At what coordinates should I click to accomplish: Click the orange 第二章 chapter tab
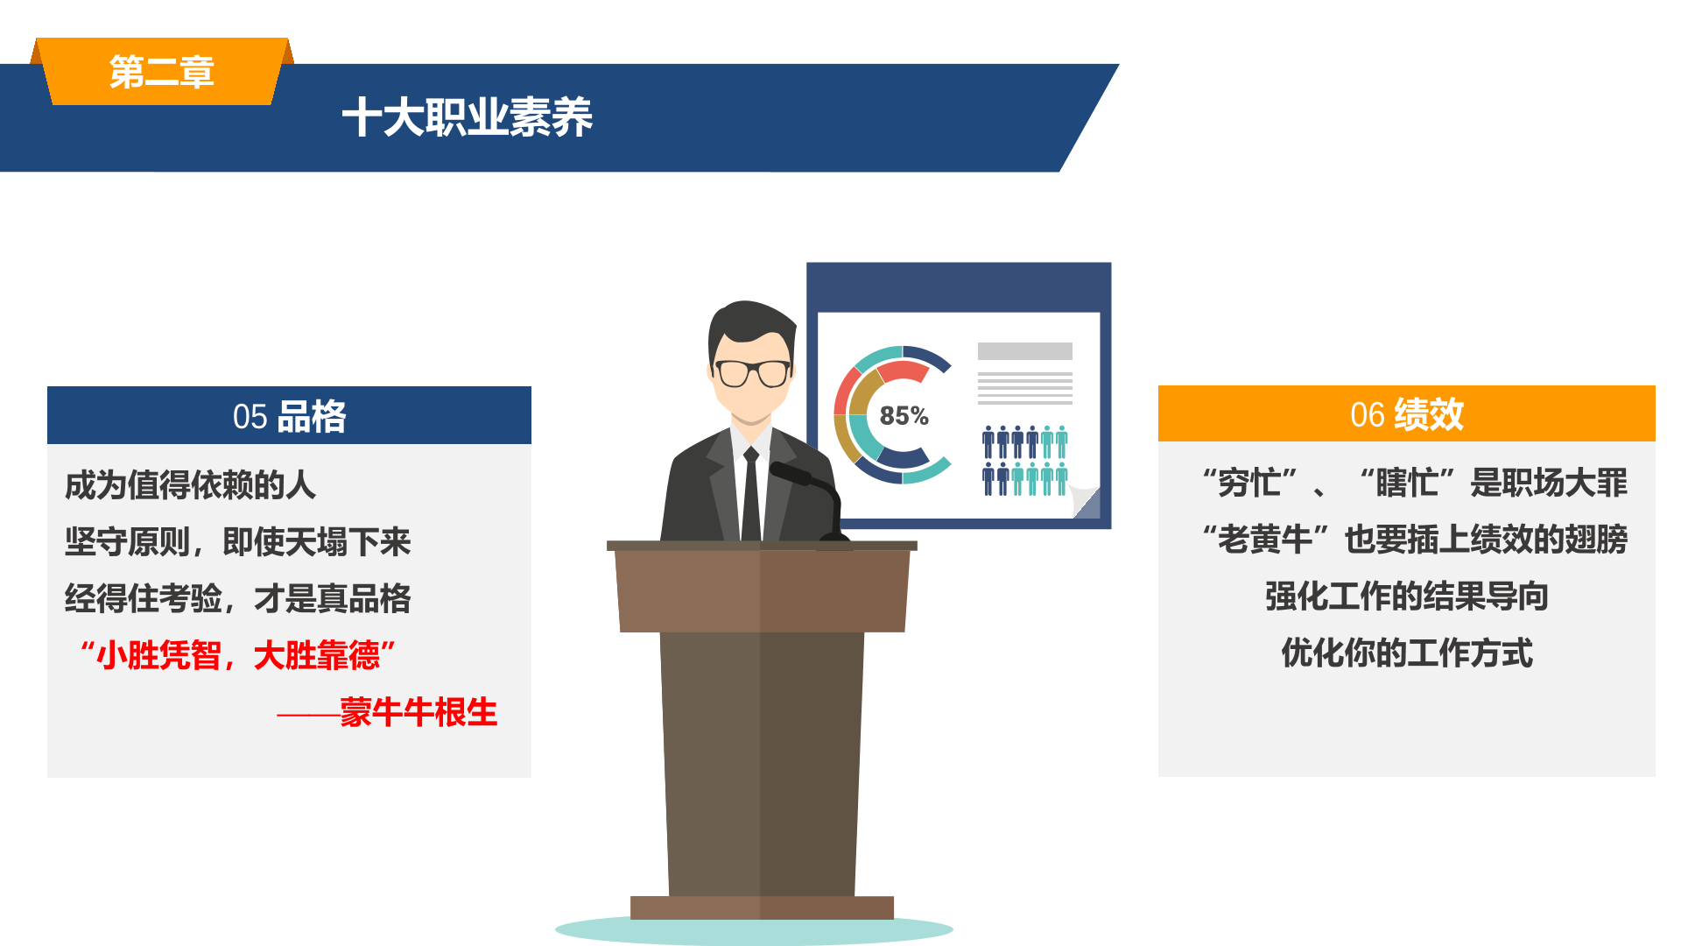[162, 72]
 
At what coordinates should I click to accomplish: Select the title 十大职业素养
[468, 117]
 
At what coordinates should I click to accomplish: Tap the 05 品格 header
[289, 416]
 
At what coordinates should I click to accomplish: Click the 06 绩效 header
[1406, 414]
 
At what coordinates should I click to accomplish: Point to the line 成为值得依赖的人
[190, 484]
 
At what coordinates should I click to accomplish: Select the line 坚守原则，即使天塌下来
[237, 541]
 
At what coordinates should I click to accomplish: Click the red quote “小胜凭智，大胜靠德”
[237, 655]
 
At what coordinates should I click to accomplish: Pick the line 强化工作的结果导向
[1406, 596]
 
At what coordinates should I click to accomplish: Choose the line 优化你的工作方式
[1406, 653]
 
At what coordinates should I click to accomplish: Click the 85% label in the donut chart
[904, 415]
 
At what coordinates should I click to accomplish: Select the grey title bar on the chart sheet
[1024, 351]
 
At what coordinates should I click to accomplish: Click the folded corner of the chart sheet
[1087, 503]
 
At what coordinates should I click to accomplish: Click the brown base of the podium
[762, 907]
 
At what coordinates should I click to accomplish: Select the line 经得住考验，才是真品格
[237, 598]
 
